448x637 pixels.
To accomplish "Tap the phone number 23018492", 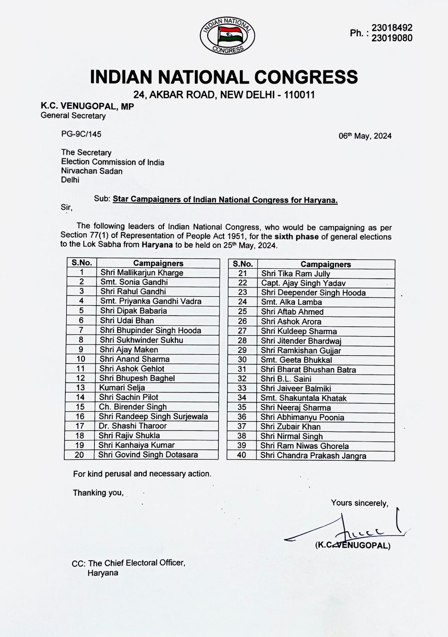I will tap(392, 28).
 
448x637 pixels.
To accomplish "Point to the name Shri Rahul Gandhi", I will tap(133, 291).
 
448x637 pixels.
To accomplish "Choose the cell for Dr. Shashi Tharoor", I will tap(133, 426).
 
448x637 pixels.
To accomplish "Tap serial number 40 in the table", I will tap(242, 455).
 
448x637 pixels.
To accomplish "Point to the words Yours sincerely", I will tap(360, 503).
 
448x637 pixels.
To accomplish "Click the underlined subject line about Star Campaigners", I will tap(225, 200).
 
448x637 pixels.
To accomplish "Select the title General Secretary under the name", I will tap(73, 116).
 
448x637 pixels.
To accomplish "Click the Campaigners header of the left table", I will tap(158, 263).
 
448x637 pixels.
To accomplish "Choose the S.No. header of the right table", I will tap(242, 264).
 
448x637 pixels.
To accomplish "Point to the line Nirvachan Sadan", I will tap(92, 171).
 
